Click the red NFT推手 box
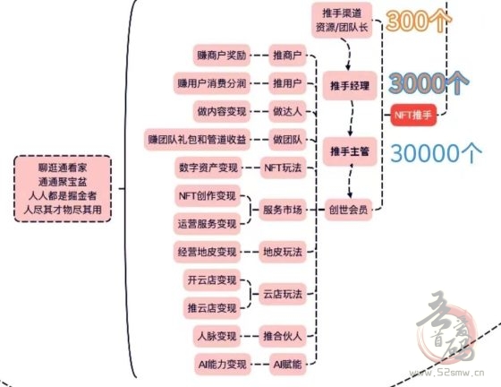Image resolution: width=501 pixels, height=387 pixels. coord(413,115)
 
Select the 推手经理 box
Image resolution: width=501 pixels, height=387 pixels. coord(350,85)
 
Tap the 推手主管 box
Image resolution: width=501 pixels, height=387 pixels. coord(350,151)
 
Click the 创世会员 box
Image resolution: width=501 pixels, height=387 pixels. coord(348,210)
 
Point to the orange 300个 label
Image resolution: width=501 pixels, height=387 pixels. coord(419,21)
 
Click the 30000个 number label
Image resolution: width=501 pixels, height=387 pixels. coord(436,153)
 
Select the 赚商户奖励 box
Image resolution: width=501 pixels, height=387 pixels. coord(222,56)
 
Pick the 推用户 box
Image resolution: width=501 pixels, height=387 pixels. coord(287,83)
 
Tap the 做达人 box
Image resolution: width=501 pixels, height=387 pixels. coord(287,111)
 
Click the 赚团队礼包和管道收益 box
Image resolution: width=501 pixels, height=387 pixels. coord(197,140)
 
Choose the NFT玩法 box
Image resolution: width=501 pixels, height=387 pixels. coord(283,168)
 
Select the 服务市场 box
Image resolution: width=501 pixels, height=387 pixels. coord(283,210)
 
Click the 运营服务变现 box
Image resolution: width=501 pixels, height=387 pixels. coord(207,224)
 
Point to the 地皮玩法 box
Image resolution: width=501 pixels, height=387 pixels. coord(283,252)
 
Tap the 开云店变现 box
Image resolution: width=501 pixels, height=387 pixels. coord(211,280)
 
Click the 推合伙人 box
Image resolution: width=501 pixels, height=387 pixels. coord(283,336)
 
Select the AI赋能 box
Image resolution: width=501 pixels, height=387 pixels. coord(287,365)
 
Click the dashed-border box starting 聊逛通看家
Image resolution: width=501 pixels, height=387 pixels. coord(63,189)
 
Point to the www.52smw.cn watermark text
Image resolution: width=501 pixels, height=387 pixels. coord(446,373)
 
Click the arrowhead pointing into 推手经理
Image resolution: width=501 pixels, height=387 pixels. coord(348,67)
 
